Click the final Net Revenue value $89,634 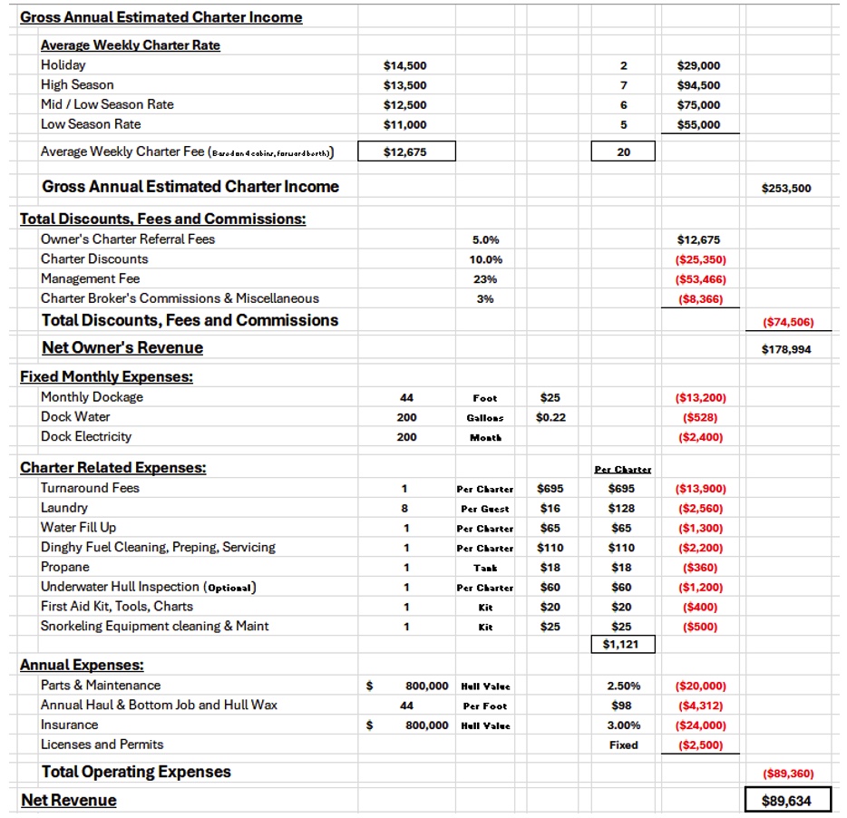[x=787, y=801]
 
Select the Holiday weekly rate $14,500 [x=405, y=65]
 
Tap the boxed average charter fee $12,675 [x=405, y=152]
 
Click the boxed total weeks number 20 [x=623, y=152]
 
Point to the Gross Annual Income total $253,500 [x=787, y=189]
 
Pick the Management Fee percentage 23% [x=485, y=279]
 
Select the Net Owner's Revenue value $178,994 [x=787, y=349]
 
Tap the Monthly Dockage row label [x=92, y=397]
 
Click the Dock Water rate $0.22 [x=550, y=417]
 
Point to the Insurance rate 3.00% [x=623, y=725]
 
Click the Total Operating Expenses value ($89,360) [x=787, y=774]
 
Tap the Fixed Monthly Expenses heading [x=106, y=376]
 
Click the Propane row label [x=65, y=567]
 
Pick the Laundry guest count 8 [x=406, y=509]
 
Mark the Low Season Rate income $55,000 [x=699, y=124]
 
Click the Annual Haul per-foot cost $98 [x=623, y=706]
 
